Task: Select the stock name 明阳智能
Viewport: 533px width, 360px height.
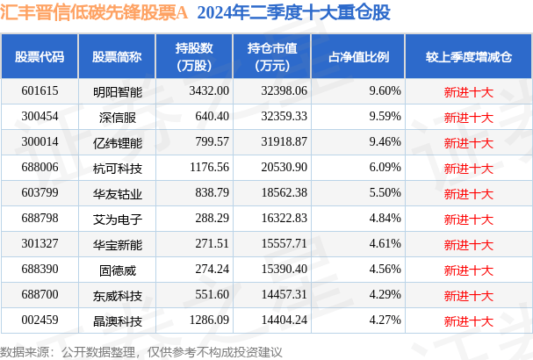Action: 117,91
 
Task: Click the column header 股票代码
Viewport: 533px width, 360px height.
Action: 40,57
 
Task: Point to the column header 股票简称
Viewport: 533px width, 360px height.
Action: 117,57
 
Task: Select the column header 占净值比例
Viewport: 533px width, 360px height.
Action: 359,57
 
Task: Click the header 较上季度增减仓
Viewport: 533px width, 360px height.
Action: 468,57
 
